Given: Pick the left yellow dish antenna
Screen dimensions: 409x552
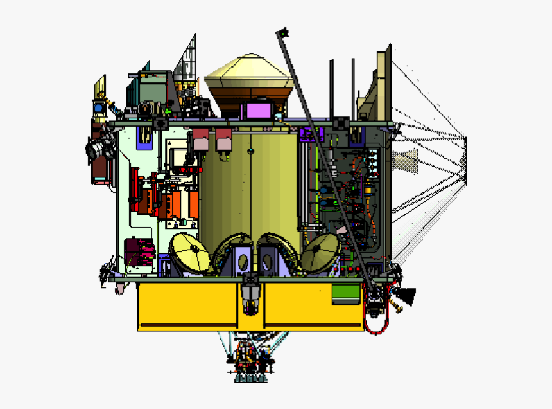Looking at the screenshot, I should pyautogui.click(x=191, y=252).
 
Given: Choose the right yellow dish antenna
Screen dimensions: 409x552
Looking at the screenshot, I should pyautogui.click(x=320, y=252).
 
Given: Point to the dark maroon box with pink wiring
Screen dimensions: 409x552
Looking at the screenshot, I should pyautogui.click(x=139, y=251).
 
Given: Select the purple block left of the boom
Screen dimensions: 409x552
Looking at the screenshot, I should pyautogui.click(x=311, y=134).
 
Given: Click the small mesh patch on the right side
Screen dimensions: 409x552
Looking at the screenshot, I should pyautogui.click(x=406, y=160).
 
